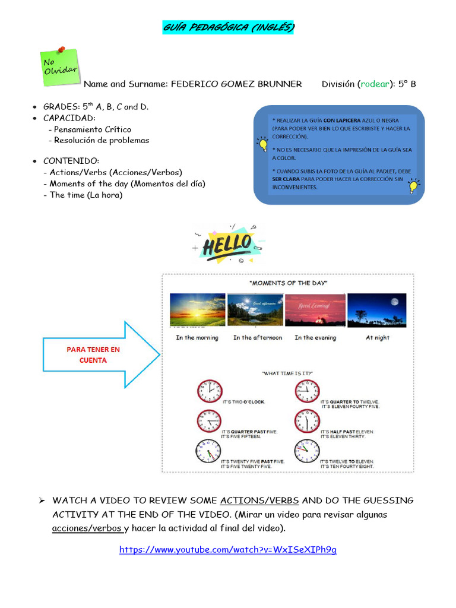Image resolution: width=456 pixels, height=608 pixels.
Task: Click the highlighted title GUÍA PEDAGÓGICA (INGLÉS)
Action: tap(228, 28)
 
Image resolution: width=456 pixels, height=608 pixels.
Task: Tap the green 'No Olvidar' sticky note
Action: tap(59, 65)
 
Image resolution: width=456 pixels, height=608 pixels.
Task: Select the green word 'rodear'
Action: tap(375, 84)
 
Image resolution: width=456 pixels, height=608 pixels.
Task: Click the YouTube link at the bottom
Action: tap(228, 549)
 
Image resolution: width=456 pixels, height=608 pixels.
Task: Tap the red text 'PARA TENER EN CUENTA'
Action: tap(93, 354)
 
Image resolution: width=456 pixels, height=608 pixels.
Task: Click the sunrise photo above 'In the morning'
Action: tap(197, 310)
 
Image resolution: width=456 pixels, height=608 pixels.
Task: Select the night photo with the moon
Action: tap(377, 310)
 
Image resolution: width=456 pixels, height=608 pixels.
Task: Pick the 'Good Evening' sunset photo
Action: tap(315, 310)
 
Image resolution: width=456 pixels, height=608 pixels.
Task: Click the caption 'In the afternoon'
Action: tap(258, 337)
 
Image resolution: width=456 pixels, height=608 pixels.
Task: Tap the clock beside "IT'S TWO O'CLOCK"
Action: tap(208, 391)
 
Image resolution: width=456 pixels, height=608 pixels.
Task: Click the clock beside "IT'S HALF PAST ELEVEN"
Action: tap(307, 421)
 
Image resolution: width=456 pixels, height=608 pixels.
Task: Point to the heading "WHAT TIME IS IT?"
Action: tap(287, 373)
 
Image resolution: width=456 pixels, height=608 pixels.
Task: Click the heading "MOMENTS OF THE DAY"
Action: tap(288, 283)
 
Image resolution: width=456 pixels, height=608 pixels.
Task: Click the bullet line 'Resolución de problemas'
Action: tap(102, 140)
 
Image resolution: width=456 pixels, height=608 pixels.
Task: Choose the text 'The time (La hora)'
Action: tap(86, 195)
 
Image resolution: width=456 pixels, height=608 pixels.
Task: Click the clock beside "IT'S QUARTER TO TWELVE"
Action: tap(307, 391)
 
